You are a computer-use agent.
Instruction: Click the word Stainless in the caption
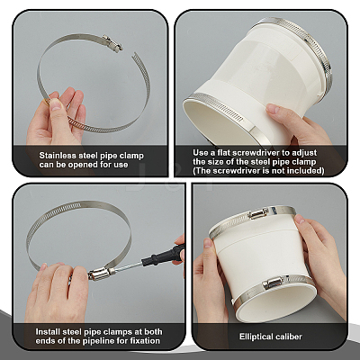[x=58, y=156]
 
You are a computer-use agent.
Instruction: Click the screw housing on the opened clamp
[x=112, y=42]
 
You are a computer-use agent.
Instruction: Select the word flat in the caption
[x=224, y=153]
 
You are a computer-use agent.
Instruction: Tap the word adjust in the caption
[x=302, y=153]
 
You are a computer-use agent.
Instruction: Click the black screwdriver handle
[x=163, y=255]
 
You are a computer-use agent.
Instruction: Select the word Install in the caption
[x=48, y=332]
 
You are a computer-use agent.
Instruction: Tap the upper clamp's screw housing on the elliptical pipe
[x=258, y=213]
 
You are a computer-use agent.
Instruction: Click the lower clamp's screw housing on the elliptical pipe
[x=273, y=283]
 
